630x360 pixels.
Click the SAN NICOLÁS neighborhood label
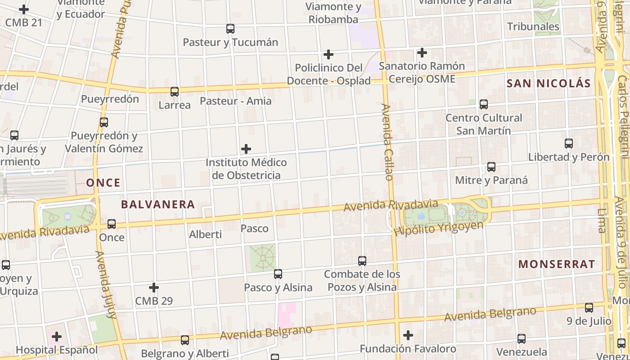tap(549, 83)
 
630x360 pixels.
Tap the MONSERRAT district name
tap(557, 264)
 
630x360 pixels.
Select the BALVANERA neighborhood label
tap(158, 205)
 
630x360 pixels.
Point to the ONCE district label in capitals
tap(103, 183)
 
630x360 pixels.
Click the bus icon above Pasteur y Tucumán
tap(230, 29)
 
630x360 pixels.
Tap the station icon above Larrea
tap(175, 92)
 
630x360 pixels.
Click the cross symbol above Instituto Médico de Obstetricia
tap(246, 149)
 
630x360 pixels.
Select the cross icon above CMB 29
tap(154, 288)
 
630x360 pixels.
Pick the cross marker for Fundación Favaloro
tap(408, 335)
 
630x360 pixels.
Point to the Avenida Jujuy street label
tap(106, 284)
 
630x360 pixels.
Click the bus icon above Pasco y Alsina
tap(278, 274)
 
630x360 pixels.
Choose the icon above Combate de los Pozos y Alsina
tap(362, 261)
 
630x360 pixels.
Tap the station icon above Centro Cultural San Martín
tap(484, 104)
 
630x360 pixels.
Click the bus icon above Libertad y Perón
tap(569, 144)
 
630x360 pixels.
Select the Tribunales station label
tap(533, 27)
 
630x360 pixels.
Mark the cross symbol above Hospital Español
tap(57, 337)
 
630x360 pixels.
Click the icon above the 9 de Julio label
tap(589, 308)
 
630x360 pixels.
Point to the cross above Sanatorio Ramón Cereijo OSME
tap(422, 53)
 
